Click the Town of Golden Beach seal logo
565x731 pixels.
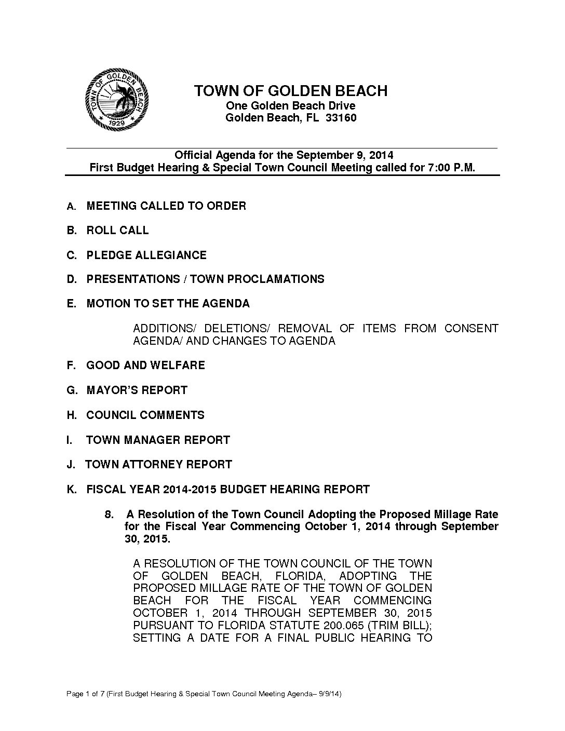117,101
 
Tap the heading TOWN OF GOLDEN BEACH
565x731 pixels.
290,91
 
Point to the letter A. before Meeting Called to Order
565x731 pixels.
72,207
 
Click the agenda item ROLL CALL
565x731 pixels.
117,231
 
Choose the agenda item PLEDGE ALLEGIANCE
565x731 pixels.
146,255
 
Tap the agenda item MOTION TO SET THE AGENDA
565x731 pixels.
168,304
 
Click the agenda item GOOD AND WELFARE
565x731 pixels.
145,365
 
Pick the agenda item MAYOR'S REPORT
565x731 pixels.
137,390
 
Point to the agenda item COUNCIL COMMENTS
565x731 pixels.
145,415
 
